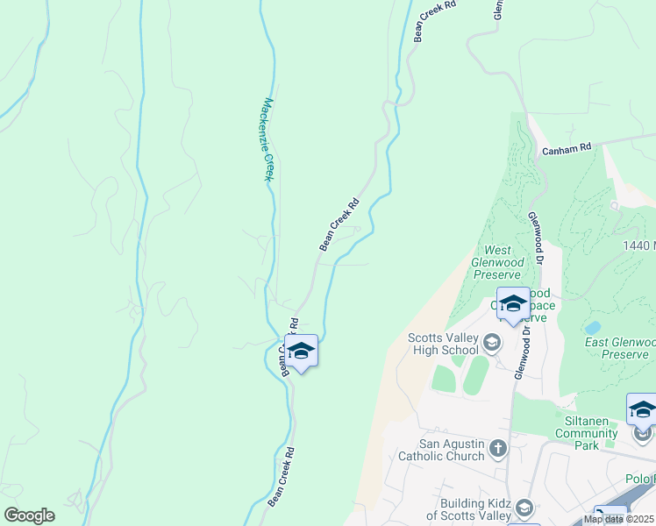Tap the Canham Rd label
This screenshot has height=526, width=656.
[x=567, y=150]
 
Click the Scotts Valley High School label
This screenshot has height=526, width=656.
[x=443, y=344]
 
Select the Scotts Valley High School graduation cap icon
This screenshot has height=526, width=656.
[x=491, y=341]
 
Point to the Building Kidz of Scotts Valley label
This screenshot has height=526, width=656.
[x=468, y=508]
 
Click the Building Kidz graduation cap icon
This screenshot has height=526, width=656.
[x=524, y=508]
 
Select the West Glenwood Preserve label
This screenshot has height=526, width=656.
[x=498, y=262]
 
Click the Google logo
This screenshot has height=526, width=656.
[x=29, y=515]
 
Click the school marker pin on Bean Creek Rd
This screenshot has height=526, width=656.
[x=301, y=352]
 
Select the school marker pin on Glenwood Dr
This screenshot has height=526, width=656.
[x=513, y=305]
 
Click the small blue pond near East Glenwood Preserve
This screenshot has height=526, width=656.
[x=593, y=328]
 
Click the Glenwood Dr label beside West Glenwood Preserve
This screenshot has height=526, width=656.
[x=536, y=238]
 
